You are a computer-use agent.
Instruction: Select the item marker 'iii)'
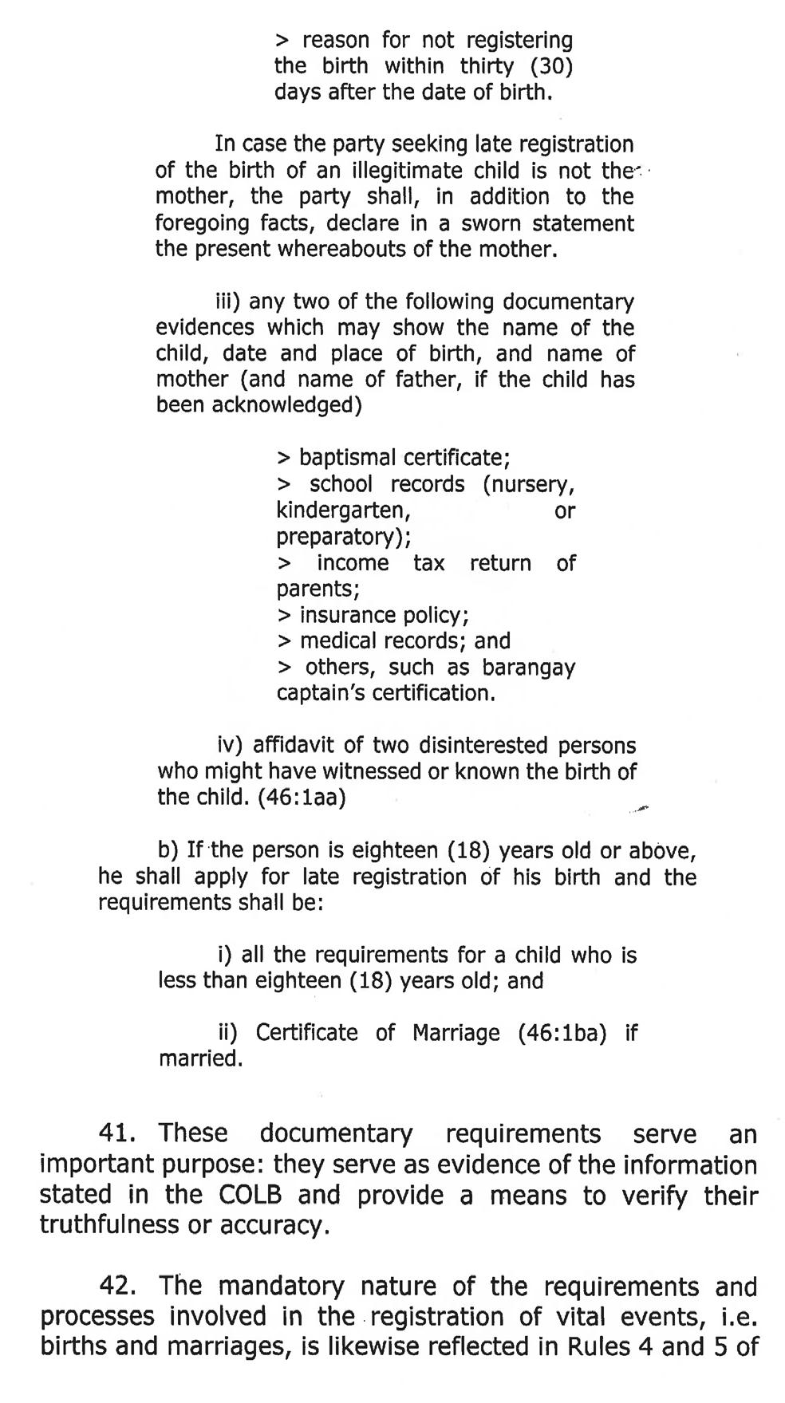(228, 301)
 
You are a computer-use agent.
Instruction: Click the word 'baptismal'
(347, 458)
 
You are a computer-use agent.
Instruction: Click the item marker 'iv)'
(231, 746)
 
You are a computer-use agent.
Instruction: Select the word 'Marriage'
(456, 1033)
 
